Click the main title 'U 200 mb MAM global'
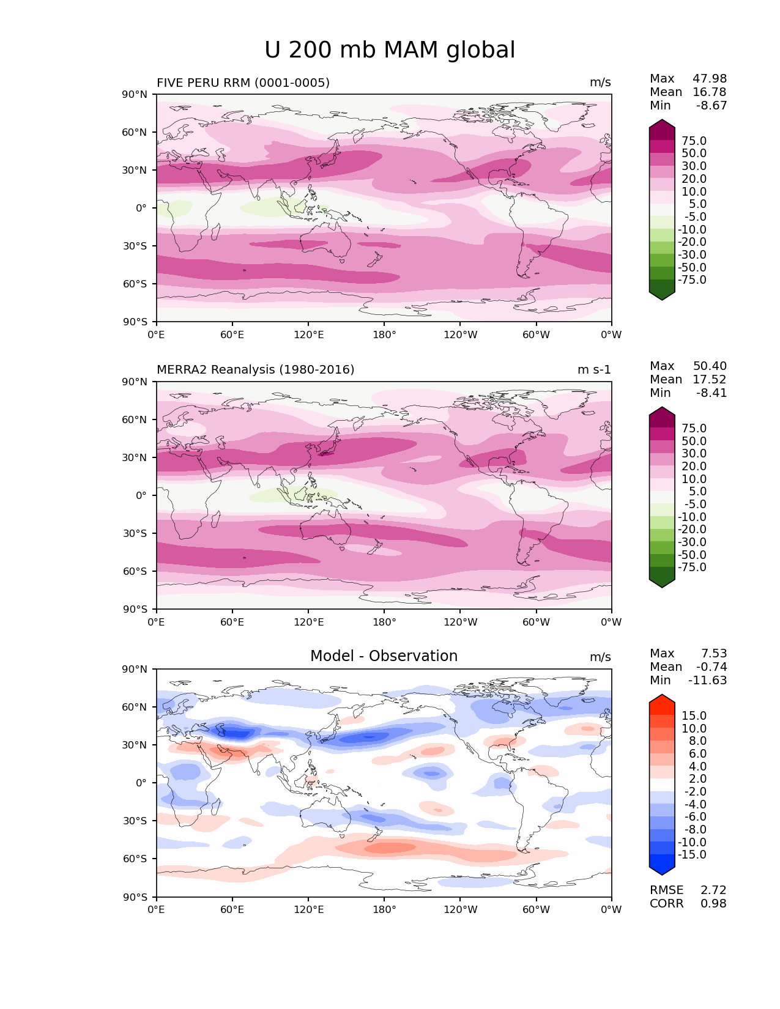coord(390,50)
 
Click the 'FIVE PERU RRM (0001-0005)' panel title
coord(243,83)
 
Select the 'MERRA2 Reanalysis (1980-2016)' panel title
coord(255,369)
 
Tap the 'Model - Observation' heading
coord(384,656)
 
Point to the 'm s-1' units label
coord(593,370)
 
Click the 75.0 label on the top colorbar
coord(694,141)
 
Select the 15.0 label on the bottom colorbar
coord(694,715)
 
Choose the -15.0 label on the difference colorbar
coord(692,854)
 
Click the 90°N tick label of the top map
coord(135,94)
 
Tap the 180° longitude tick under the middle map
coord(384,622)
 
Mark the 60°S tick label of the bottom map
coord(135,859)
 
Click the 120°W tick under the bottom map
coord(460,909)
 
